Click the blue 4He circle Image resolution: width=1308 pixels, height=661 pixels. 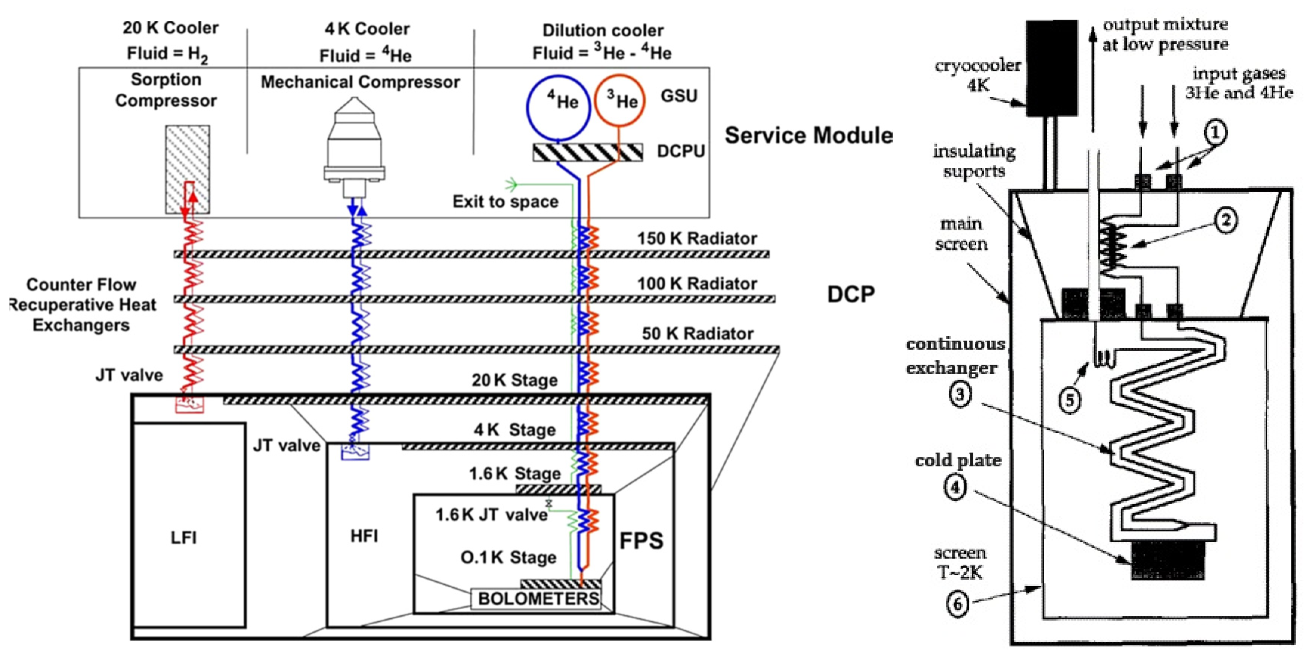558,108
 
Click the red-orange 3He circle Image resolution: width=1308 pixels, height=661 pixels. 619,100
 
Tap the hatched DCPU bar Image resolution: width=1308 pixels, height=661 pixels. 588,152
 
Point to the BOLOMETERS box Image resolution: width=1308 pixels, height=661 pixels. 538,599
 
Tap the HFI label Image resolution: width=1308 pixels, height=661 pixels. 364,536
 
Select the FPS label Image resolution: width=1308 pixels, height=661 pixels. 641,540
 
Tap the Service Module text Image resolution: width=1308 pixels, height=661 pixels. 809,136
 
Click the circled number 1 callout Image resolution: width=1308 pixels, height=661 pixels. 1215,133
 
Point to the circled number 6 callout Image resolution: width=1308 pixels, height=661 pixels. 958,604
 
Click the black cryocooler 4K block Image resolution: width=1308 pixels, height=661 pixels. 1051,68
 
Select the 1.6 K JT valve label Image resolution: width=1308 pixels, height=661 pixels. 492,515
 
